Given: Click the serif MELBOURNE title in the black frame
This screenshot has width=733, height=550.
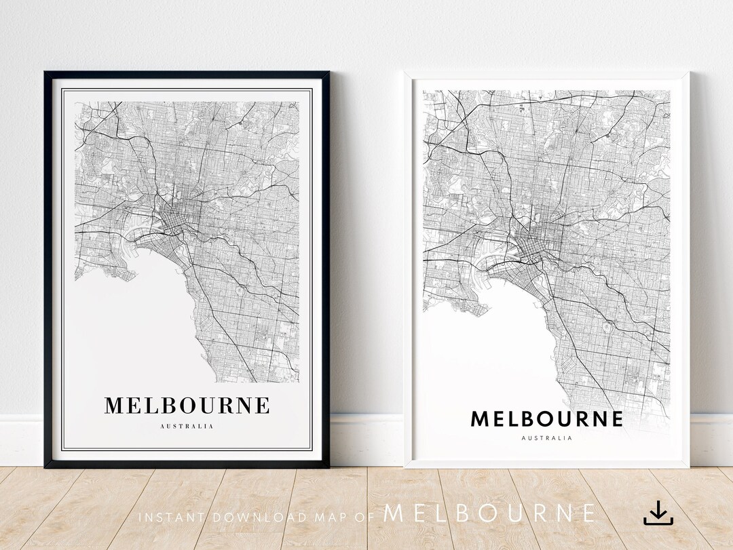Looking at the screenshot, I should (x=187, y=406).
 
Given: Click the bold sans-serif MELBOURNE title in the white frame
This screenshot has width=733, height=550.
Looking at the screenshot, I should (x=546, y=419).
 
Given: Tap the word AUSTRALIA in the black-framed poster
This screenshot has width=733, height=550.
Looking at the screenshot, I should (x=187, y=427).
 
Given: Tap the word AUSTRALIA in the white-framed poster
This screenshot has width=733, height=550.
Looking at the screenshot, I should (x=546, y=438).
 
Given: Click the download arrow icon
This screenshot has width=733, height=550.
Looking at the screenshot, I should (x=658, y=513).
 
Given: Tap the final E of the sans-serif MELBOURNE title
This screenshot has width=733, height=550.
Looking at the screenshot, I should (x=616, y=419).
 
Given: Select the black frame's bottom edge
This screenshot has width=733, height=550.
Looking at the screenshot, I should (x=187, y=465).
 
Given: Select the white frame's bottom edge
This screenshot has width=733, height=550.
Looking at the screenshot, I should (x=546, y=465).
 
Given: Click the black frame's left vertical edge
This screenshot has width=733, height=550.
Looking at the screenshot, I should (x=48, y=271).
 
